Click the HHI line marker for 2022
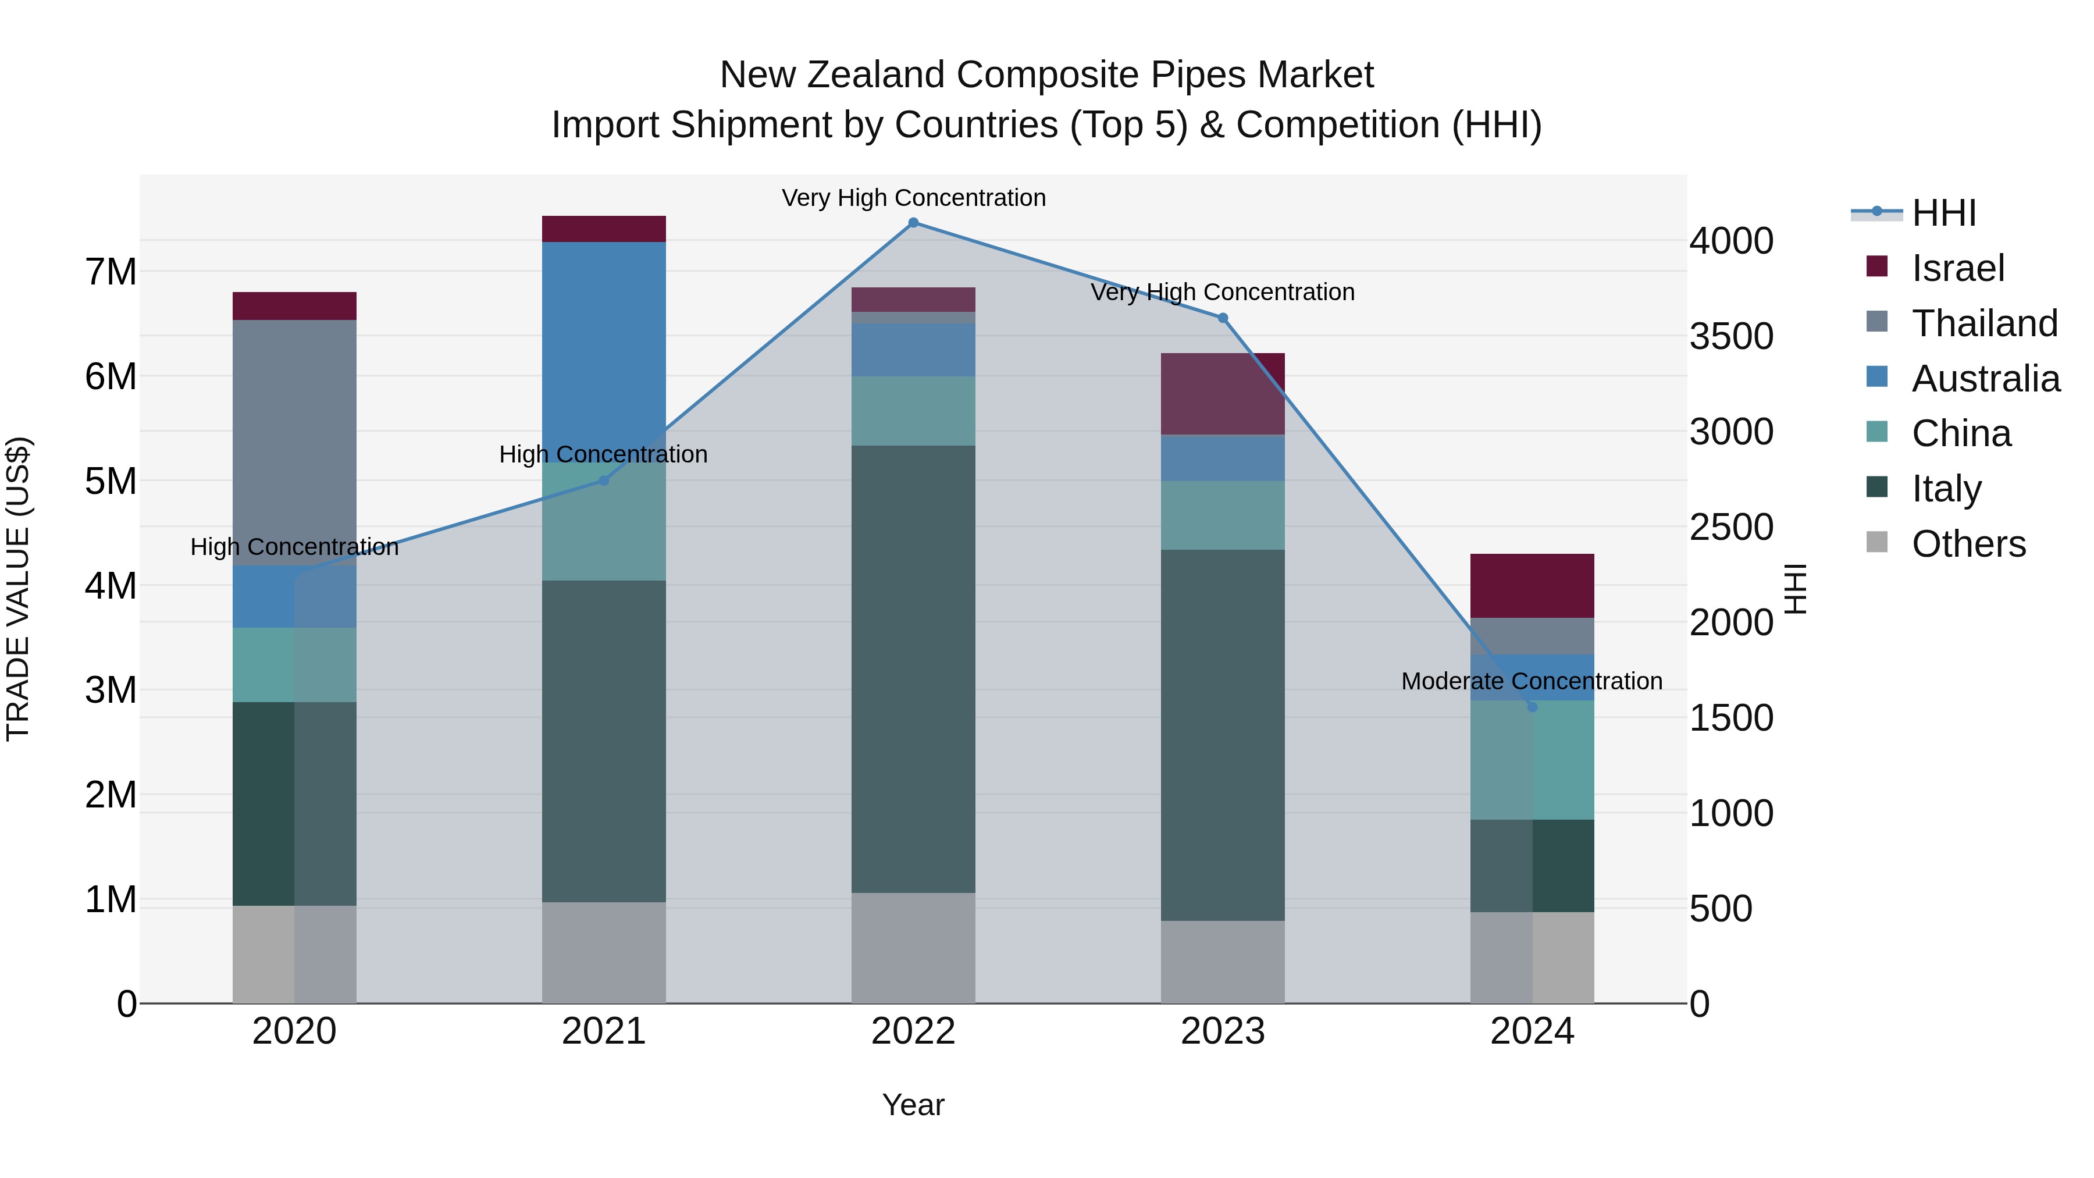913,223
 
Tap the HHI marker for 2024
1532,706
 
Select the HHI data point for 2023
1223,318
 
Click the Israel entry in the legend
1957,268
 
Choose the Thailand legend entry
1983,323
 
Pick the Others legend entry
1967,544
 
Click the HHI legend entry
1943,213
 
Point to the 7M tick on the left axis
111,272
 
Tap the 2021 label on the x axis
603,1031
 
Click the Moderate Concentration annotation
1532,681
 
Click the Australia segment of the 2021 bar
603,350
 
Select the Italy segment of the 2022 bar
913,668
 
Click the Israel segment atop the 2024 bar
1532,585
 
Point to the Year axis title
913,1105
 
